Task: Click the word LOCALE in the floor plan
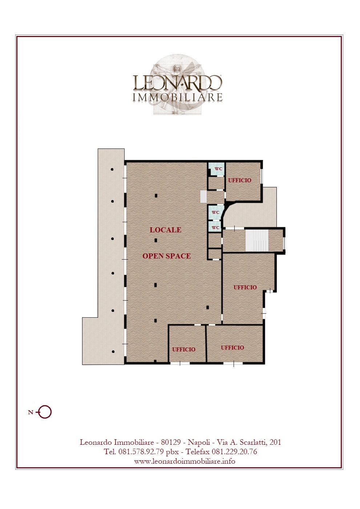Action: [x=165, y=230]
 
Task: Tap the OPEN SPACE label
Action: [x=166, y=256]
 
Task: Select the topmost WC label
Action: [x=218, y=169]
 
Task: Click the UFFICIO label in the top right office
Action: [x=240, y=180]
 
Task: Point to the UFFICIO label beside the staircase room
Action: [x=245, y=288]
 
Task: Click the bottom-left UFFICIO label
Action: [x=184, y=350]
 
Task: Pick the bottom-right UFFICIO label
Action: [x=232, y=348]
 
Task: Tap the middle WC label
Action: [x=215, y=212]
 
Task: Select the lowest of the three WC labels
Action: [x=215, y=228]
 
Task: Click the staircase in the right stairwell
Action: [x=257, y=241]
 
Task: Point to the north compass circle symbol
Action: [x=45, y=412]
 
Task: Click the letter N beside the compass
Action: [x=31, y=412]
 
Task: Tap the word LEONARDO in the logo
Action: [x=177, y=82]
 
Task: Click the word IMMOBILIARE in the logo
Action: [x=178, y=97]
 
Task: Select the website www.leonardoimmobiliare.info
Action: [x=185, y=461]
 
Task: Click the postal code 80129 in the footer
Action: [x=171, y=442]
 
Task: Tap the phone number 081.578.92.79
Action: [x=141, y=452]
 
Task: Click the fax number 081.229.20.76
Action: [x=234, y=452]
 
